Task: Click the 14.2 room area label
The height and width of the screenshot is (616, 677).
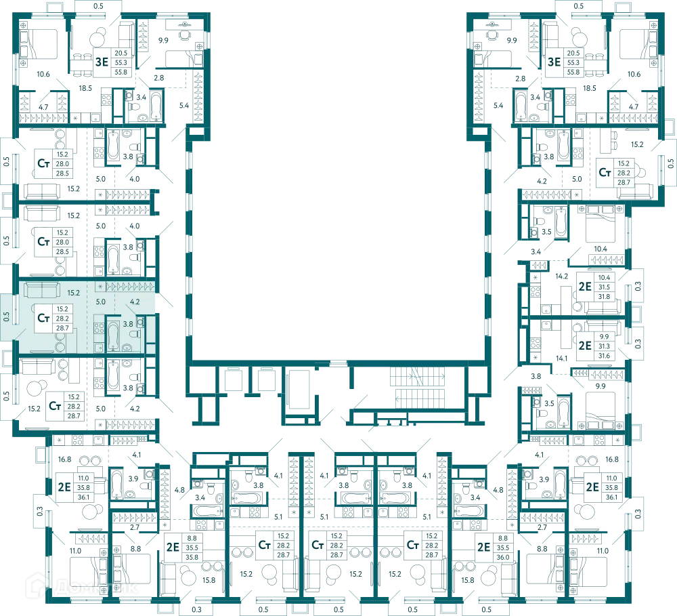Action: pyautogui.click(x=561, y=276)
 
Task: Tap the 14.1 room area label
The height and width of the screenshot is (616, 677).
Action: pyautogui.click(x=561, y=358)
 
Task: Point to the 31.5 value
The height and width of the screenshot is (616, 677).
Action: pyautogui.click(x=604, y=287)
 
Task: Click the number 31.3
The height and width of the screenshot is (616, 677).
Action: pyautogui.click(x=604, y=346)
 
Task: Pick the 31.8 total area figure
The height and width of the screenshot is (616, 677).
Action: pyautogui.click(x=604, y=297)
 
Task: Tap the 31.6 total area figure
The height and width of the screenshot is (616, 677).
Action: pyautogui.click(x=604, y=356)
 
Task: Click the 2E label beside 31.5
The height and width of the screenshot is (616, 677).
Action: pyautogui.click(x=585, y=287)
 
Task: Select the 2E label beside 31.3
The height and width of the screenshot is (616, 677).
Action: pyautogui.click(x=585, y=346)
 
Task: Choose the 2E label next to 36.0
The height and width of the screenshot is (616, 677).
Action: pyautogui.click(x=483, y=548)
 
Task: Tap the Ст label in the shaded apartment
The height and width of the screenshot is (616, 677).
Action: pyautogui.click(x=43, y=318)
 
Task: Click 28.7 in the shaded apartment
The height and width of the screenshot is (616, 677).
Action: pyautogui.click(x=62, y=328)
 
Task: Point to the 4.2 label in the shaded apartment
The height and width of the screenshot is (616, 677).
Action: pyautogui.click(x=135, y=302)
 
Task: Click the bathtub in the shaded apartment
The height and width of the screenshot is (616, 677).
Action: pyautogui.click(x=113, y=335)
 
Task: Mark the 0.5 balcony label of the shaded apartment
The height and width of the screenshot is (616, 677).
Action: pyautogui.click(x=7, y=317)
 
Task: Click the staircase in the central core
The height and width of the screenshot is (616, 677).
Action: pyautogui.click(x=418, y=388)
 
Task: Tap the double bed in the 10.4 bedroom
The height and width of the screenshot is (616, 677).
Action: pyautogui.click(x=600, y=224)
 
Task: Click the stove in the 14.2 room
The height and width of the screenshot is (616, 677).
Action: pyautogui.click(x=536, y=292)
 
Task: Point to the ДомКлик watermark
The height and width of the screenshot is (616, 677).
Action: pyautogui.click(x=82, y=587)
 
